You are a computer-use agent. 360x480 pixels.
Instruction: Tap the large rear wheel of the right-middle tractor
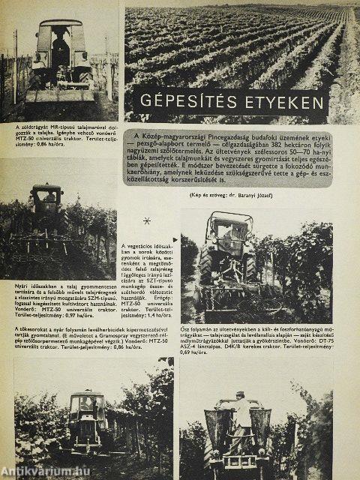tap(206, 266)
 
